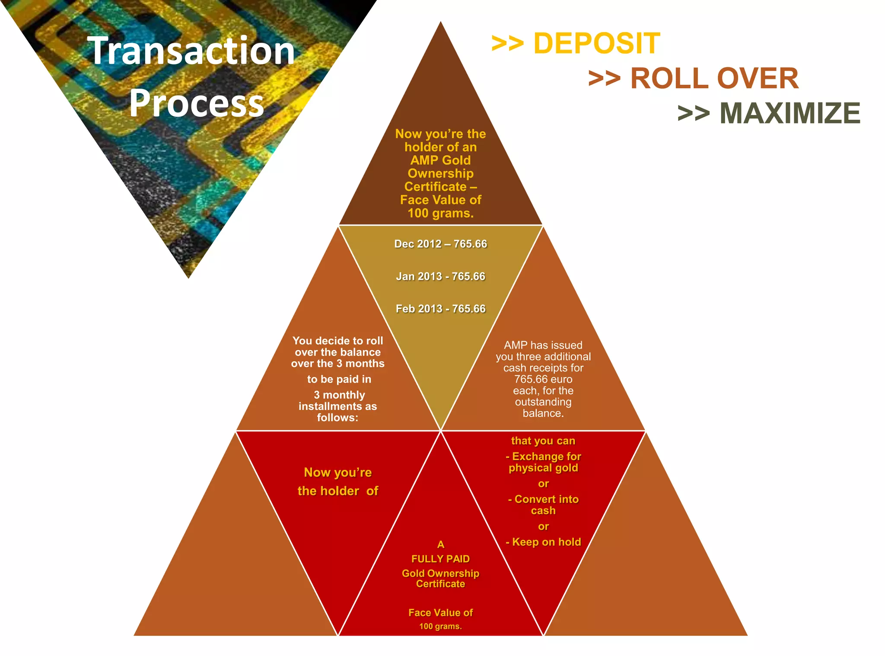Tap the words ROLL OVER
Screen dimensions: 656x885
(x=714, y=79)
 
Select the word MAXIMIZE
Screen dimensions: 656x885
(x=789, y=113)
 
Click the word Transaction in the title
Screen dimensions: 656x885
(x=191, y=51)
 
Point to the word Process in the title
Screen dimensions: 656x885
(x=197, y=103)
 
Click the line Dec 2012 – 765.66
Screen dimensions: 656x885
(x=440, y=244)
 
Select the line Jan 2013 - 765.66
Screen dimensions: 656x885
(x=440, y=276)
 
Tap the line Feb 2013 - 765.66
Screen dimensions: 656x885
(x=440, y=309)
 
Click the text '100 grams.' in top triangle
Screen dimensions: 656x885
(x=440, y=213)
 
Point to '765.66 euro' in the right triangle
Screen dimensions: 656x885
(x=543, y=379)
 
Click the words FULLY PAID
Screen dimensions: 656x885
(x=440, y=559)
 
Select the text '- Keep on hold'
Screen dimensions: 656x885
(x=543, y=542)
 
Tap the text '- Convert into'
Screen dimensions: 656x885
(x=543, y=499)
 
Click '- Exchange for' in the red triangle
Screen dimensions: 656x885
(x=543, y=456)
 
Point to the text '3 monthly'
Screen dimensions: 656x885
(x=339, y=395)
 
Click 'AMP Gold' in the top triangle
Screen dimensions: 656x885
(x=440, y=160)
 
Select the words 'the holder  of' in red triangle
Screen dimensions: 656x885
(x=337, y=491)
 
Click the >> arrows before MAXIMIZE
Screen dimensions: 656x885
(x=693, y=114)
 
